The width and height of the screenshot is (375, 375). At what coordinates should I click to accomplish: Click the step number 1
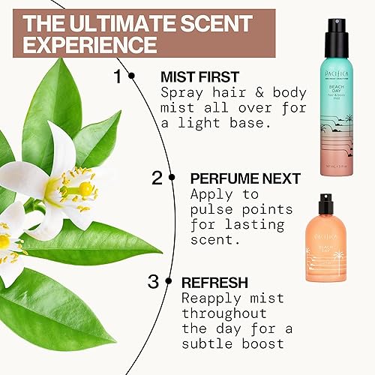117,76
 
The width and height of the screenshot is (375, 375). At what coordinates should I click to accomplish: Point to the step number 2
157,178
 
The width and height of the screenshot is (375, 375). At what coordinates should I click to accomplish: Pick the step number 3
153,283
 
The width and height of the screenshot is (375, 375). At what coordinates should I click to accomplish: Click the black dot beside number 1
131,76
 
